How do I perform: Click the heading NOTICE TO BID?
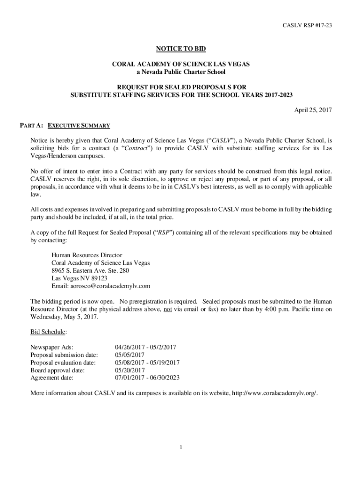[180, 49]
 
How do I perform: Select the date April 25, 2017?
[313, 110]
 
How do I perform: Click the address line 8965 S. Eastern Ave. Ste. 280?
[90, 270]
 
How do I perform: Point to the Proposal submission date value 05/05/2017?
[130, 355]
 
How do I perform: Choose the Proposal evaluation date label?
[63, 362]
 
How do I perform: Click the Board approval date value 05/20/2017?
[130, 370]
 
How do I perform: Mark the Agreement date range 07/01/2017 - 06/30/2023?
[147, 377]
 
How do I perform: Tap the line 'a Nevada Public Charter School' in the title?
[180, 72]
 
